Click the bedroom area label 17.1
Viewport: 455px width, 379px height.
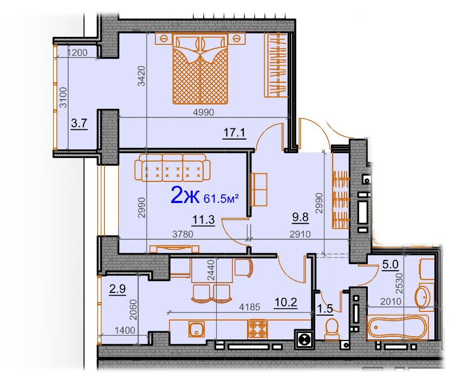pyautogui.click(x=235, y=133)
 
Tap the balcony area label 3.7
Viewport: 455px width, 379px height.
pyautogui.click(x=79, y=123)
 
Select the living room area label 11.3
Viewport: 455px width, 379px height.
pyautogui.click(x=204, y=220)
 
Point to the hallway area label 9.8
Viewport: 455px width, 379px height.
pyautogui.click(x=300, y=217)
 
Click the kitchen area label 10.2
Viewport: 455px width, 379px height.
pyautogui.click(x=286, y=303)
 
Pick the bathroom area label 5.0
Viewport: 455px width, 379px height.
pyautogui.click(x=391, y=264)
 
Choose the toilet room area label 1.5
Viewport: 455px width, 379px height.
pyautogui.click(x=324, y=309)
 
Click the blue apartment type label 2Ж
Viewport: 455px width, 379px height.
pyautogui.click(x=185, y=195)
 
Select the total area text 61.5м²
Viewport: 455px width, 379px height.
pyautogui.click(x=221, y=198)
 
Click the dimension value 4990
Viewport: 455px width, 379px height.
pyautogui.click(x=204, y=112)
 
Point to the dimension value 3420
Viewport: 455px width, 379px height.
pyautogui.click(x=141, y=76)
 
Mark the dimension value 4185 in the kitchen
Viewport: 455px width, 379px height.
pyautogui.click(x=250, y=307)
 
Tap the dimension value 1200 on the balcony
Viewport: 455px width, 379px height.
pyautogui.click(x=77, y=53)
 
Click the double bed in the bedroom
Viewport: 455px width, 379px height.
pyautogui.click(x=200, y=68)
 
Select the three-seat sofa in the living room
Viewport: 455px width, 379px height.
pyautogui.click(x=172, y=168)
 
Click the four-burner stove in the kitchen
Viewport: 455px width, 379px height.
pyautogui.click(x=257, y=329)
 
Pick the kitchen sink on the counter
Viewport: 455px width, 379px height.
pyautogui.click(x=197, y=329)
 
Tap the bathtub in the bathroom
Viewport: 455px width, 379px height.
pyautogui.click(x=398, y=328)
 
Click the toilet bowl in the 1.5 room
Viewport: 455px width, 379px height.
pyautogui.click(x=331, y=329)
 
